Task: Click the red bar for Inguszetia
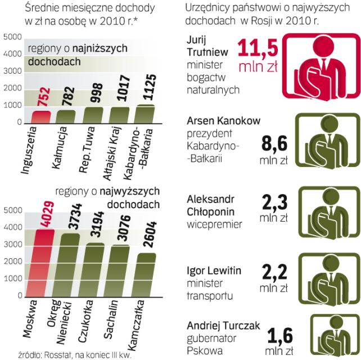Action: click(40, 116)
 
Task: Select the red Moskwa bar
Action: click(45, 262)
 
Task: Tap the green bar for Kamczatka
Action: click(146, 274)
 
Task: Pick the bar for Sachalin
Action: click(120, 270)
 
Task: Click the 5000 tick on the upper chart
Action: click(12, 37)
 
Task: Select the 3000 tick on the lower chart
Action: click(12, 245)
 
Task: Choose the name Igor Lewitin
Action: click(213, 271)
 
